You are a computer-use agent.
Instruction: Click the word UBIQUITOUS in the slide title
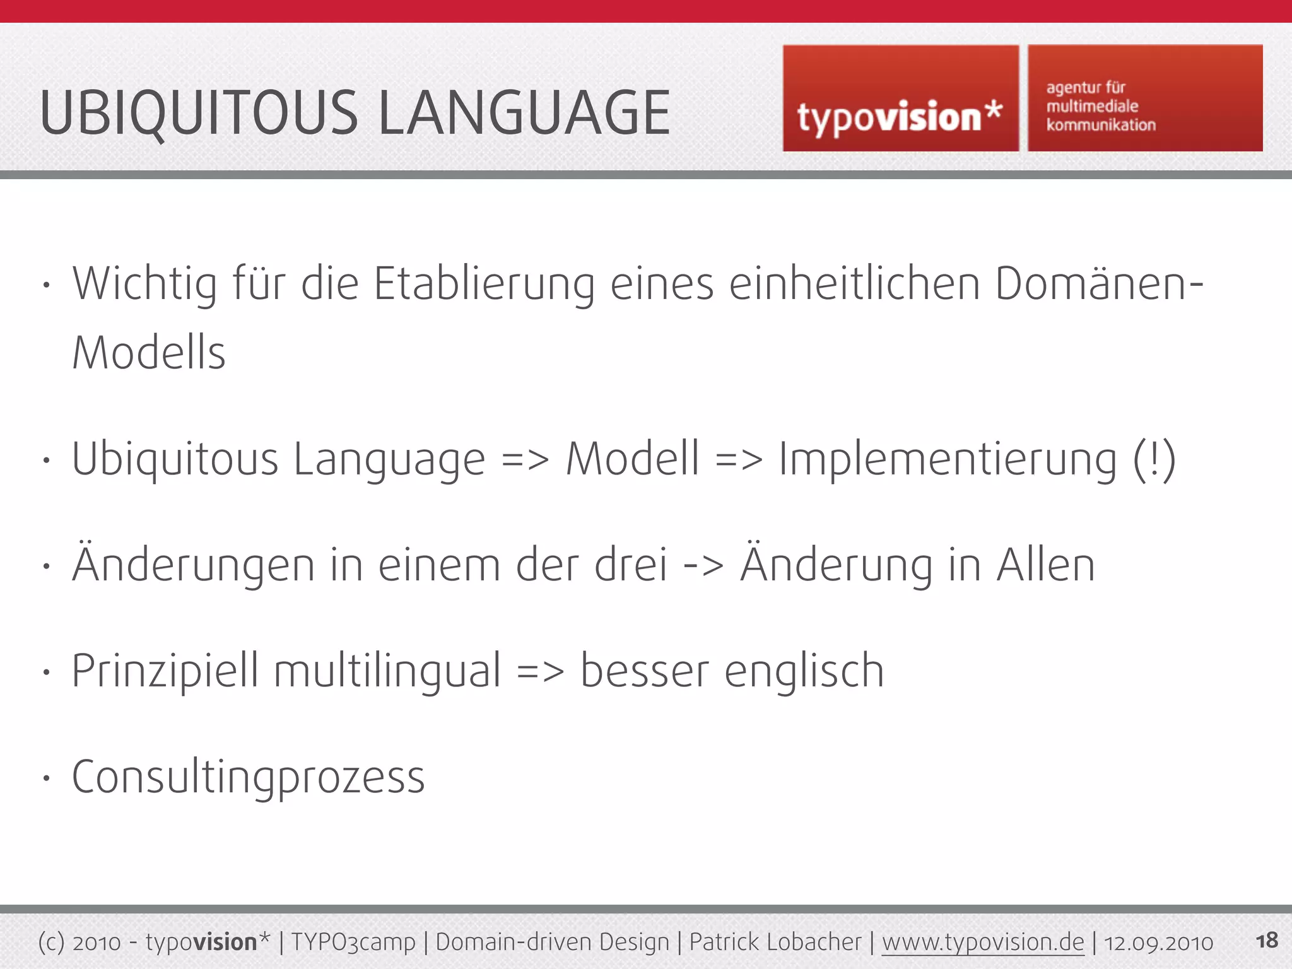coord(199,114)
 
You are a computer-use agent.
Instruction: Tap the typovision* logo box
coord(900,99)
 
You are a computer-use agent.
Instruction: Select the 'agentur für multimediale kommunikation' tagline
coord(1101,106)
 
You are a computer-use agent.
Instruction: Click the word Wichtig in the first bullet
coord(145,284)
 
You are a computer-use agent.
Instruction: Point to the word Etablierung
coord(484,284)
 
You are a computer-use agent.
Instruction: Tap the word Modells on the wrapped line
coord(149,353)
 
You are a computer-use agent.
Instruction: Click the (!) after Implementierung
coord(1154,459)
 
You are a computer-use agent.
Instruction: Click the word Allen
coord(1045,565)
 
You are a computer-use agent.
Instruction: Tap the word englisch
coord(804,671)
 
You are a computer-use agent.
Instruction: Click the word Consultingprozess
coord(249,777)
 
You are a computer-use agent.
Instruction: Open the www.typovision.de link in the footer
coord(983,942)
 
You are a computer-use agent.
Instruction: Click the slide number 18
coord(1267,941)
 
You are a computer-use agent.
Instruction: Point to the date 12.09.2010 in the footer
coord(1158,943)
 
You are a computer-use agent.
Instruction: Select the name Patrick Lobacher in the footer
coord(775,942)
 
